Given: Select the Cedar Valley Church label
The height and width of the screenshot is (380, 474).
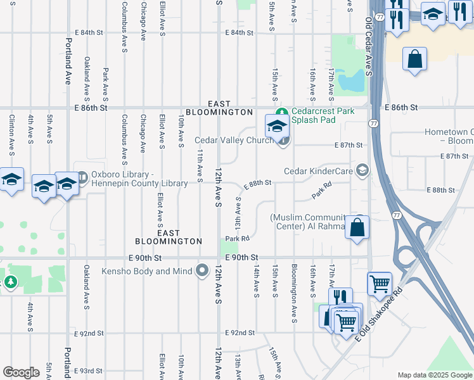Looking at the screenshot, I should (x=234, y=140).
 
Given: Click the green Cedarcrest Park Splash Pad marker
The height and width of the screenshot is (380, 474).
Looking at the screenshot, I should (x=285, y=111).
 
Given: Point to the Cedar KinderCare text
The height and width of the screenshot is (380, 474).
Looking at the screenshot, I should (x=318, y=171).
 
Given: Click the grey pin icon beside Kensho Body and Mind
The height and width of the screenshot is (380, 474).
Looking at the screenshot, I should (x=202, y=271).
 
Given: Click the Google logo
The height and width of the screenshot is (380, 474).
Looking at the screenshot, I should (x=21, y=372).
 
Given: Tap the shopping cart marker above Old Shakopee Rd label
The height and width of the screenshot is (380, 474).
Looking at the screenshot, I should (x=380, y=284).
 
